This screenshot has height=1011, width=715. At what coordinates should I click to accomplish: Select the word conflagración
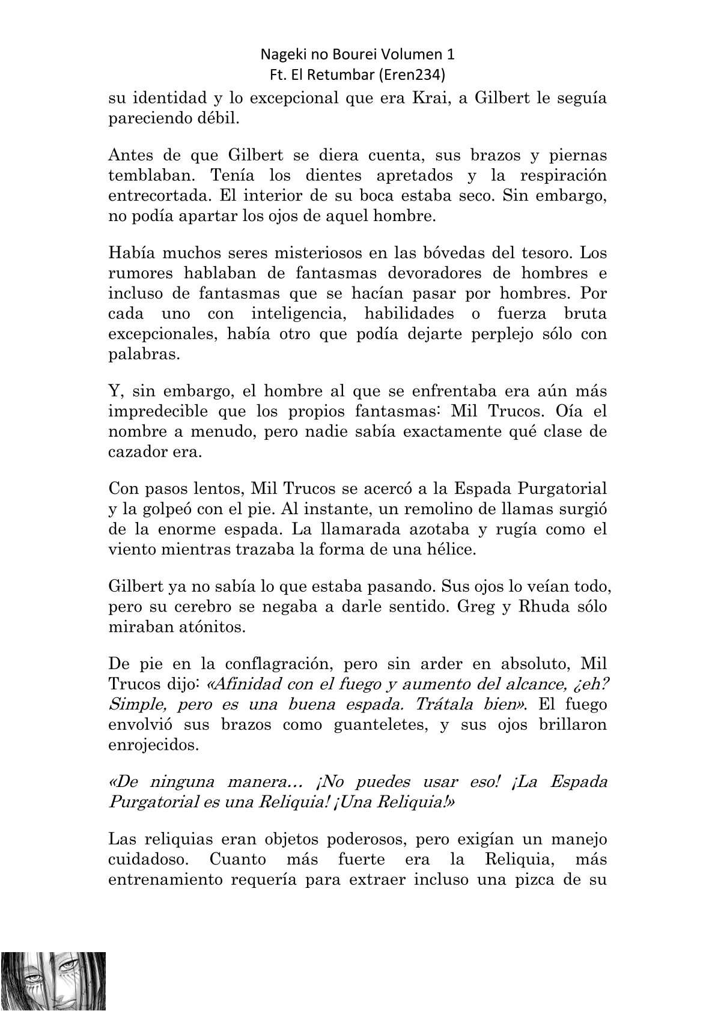click(x=270, y=664)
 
